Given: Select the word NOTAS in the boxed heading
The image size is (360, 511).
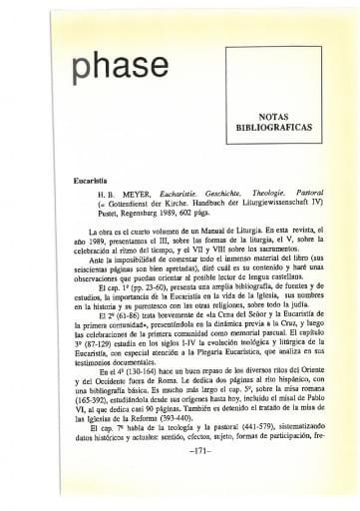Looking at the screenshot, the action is click(x=272, y=116).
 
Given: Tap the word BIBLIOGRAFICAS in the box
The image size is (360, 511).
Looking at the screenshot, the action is click(x=272, y=128).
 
